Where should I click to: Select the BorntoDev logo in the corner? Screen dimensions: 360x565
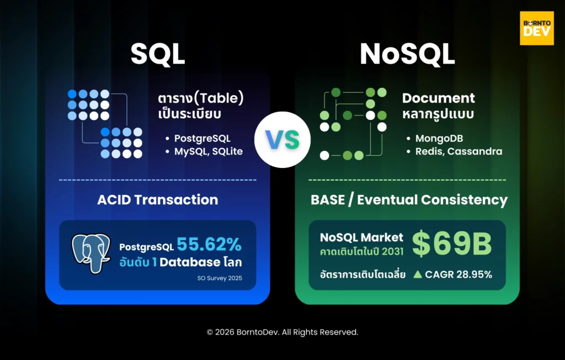pos(536,28)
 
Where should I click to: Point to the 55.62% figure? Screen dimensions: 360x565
pos(209,244)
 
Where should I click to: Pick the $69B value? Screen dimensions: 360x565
pos(451,245)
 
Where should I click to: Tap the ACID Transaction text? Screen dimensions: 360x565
pos(157,200)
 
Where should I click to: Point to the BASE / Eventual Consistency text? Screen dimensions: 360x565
pos(409,200)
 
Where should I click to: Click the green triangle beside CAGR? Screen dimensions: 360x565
pos(418,274)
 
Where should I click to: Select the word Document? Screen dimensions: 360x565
pos(438,98)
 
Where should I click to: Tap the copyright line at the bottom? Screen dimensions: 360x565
pos(282,332)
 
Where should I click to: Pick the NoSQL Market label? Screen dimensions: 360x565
pos(361,237)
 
